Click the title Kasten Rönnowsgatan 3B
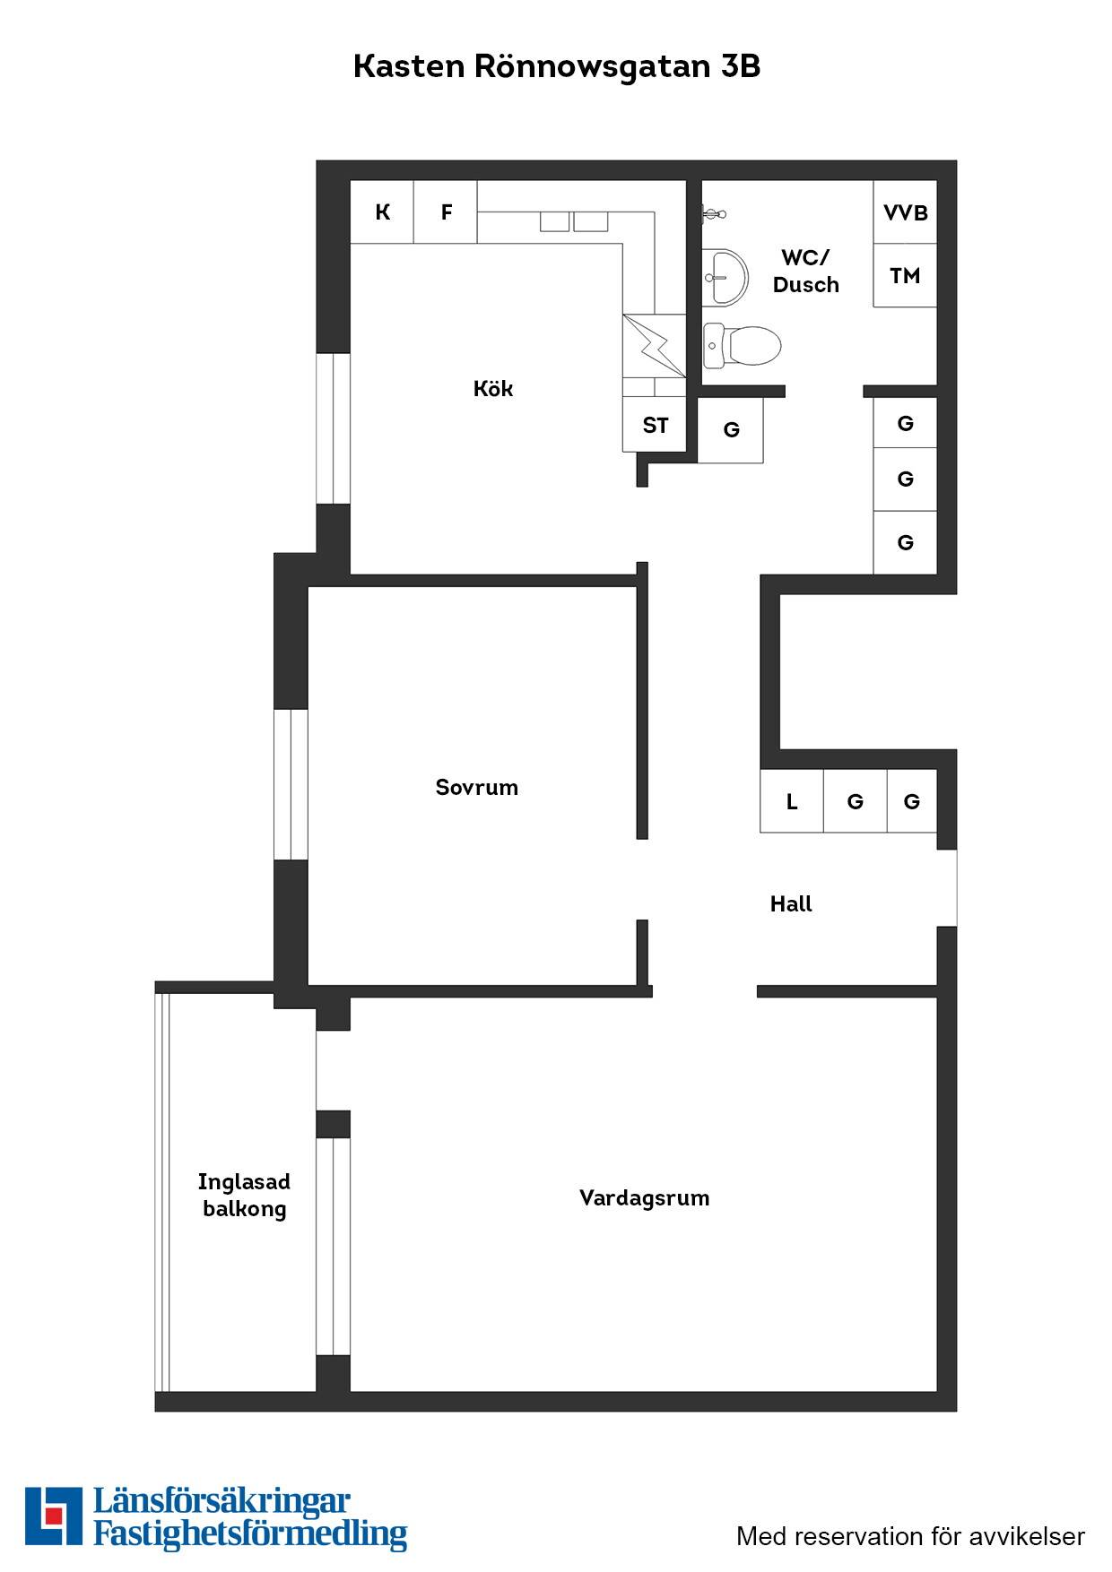[556, 66]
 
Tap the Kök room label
[493, 388]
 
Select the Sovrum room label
[476, 787]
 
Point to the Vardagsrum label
[644, 1198]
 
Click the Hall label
[791, 903]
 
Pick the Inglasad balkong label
[244, 1196]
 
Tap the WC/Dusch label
[805, 271]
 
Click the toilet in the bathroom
[742, 346]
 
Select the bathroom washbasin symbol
[725, 276]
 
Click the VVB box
[905, 212]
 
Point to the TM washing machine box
[905, 275]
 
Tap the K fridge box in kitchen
[382, 212]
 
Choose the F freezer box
[446, 212]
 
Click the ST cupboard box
[655, 425]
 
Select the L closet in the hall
[792, 801]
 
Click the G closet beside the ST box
[731, 430]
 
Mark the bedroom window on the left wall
[291, 784]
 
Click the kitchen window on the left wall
[334, 428]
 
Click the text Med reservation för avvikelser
[910, 1536]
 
